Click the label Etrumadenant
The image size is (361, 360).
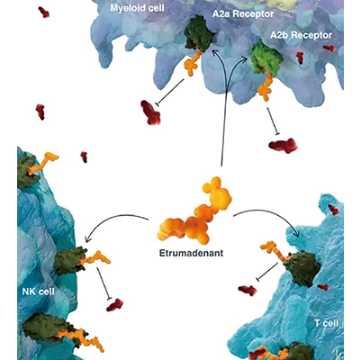tap(191, 253)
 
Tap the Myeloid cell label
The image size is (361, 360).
tap(137, 8)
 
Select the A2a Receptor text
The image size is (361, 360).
tap(243, 14)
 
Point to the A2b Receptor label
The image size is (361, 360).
tap(301, 35)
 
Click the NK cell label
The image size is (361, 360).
tap(39, 291)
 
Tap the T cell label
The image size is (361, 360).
tap(326, 323)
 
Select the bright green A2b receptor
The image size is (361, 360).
tap(266, 58)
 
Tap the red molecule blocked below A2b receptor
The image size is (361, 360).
tap(283, 146)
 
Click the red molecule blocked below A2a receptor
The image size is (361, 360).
tap(150, 112)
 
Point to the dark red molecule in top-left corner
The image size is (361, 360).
tap(44, 12)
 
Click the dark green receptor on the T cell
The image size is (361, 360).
tap(302, 267)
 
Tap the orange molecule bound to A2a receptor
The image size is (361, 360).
tap(192, 64)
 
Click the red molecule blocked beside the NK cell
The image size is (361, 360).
tap(114, 305)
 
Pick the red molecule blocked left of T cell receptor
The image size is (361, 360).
tap(248, 290)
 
